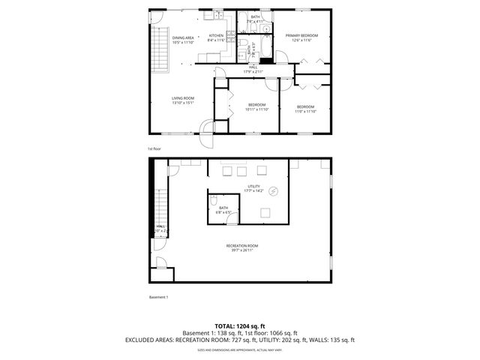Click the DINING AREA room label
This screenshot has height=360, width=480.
[183, 37]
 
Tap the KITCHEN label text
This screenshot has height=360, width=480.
[216, 36]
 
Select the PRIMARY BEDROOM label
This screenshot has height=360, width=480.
[301, 36]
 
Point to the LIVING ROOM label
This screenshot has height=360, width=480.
[183, 98]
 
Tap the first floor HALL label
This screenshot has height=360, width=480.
[254, 67]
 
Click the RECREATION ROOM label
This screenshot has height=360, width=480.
[242, 246]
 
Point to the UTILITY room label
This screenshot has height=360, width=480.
[254, 186]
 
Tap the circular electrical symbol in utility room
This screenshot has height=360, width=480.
[274, 191]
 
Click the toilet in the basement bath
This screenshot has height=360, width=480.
[214, 200]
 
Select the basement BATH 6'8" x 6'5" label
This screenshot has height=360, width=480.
[223, 210]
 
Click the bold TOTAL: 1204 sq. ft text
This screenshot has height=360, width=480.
[239, 325]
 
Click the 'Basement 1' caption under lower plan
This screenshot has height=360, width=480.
[158, 297]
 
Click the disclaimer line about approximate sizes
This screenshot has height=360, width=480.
[239, 349]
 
